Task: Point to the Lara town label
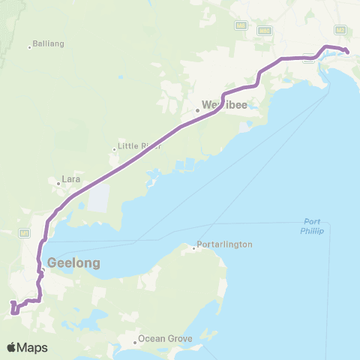pyautogui.click(x=71, y=181)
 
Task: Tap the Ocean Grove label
pyautogui.click(x=166, y=339)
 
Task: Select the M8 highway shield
pyautogui.click(x=240, y=25)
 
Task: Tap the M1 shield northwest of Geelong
pyautogui.click(x=25, y=232)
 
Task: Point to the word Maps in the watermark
pyautogui.click(x=33, y=347)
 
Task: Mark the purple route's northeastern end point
pyautogui.click(x=347, y=51)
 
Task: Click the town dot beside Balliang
pyautogui.click(x=30, y=47)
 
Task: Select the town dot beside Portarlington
pyautogui.click(x=193, y=248)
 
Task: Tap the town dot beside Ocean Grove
pyautogui.click(x=136, y=343)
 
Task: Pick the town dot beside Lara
pyautogui.click(x=58, y=181)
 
